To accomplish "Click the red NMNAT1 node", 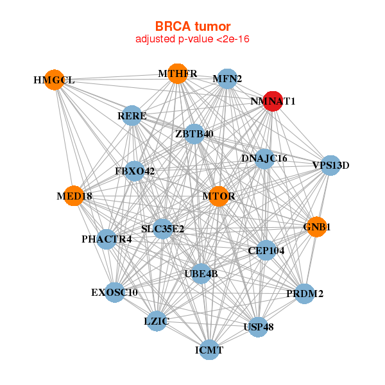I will [273, 101].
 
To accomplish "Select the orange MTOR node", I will [219, 196].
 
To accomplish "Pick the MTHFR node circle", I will [177, 74].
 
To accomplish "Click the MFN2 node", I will [227, 79].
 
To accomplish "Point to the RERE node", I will [132, 116].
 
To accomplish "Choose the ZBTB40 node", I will [194, 133].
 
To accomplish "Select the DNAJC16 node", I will [264, 158].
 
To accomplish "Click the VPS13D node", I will [330, 165].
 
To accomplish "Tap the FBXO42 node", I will [135, 171].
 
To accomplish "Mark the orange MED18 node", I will [74, 196].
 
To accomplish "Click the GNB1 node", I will [316, 227].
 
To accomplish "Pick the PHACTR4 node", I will [107, 239].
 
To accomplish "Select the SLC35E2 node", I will [162, 228].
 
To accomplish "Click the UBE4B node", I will [201, 273].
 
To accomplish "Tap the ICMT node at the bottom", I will [209, 350].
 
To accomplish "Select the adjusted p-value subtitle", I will [193, 39].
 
